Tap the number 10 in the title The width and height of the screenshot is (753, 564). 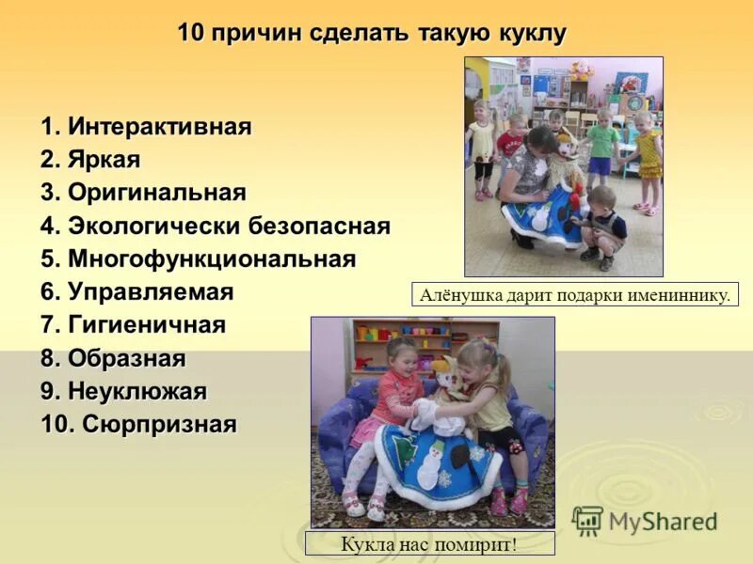191,34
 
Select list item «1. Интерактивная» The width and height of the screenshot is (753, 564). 146,127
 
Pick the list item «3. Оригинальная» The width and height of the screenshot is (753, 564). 143,193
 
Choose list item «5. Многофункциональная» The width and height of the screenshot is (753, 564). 198,258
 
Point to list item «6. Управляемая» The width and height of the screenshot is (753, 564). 136,291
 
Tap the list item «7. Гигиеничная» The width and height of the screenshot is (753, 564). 133,325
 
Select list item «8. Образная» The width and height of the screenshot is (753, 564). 113,358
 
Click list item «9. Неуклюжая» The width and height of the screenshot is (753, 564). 123,391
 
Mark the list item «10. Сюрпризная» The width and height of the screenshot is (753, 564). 138,424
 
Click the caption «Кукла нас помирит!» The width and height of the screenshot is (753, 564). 430,543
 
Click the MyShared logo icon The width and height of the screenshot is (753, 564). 587,521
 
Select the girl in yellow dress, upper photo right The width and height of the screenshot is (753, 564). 648,155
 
